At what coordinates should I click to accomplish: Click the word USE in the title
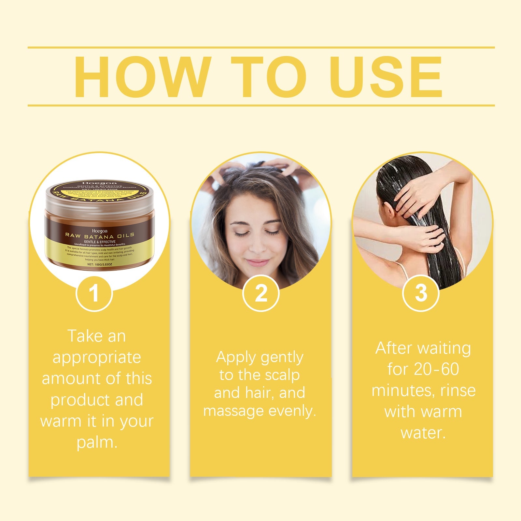[x=386, y=77]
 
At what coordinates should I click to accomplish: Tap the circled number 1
[x=94, y=293]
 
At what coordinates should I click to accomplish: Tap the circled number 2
[x=261, y=293]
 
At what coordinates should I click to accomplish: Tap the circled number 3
[x=421, y=293]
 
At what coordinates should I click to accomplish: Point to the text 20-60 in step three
[x=436, y=369]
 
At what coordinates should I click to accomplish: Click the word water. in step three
[x=423, y=433]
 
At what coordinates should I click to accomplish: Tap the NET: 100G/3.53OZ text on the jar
[x=100, y=265]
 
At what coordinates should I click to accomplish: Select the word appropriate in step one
[x=97, y=358]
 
